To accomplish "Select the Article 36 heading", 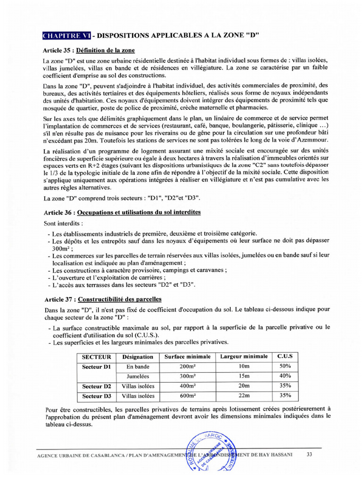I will point(123,212).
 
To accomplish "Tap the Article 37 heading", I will point(103,299).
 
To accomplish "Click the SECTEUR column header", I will point(96,357).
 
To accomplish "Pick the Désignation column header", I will point(137,357).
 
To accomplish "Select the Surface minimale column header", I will point(187,356).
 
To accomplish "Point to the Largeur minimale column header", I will point(244,356).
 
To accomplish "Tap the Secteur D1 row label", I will point(96,366).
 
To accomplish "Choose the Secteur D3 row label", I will point(96,396).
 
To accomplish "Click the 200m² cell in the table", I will point(187,366).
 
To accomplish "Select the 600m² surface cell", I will point(187,396).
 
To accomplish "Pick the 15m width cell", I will point(244,376).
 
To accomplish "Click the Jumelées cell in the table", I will point(137,376).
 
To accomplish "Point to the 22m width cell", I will point(244,396).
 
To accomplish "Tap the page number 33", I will point(309,455).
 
